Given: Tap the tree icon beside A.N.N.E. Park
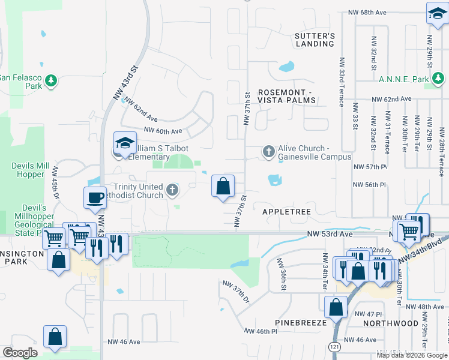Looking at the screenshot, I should [x=439, y=79].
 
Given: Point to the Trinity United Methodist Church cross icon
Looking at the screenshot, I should [x=172, y=190].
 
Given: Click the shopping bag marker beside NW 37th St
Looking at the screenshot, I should [x=223, y=186].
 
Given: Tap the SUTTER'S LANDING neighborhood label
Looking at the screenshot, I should [x=315, y=40].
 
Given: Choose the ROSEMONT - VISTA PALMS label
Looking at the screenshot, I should [x=286, y=96].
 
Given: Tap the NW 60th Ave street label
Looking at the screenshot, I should [x=163, y=131].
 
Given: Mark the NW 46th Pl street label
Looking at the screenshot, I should [x=261, y=331].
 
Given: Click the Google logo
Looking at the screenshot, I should [x=20, y=353].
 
